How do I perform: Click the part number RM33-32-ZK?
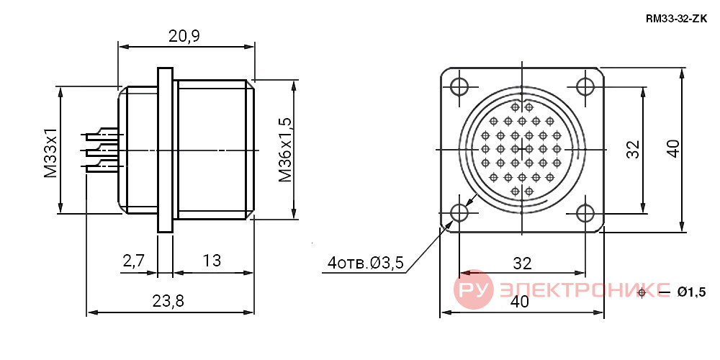pyautogui.click(x=676, y=19)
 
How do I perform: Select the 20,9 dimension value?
pyautogui.click(x=184, y=36)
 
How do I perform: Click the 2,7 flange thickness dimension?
pyautogui.click(x=134, y=261)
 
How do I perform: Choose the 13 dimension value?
pyautogui.click(x=212, y=261)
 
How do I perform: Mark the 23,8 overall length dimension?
pyautogui.click(x=168, y=301)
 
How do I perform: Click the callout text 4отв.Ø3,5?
pyautogui.click(x=366, y=263)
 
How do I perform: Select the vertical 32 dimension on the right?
pyautogui.click(x=633, y=149)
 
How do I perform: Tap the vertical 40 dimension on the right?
pyautogui.click(x=673, y=149)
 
